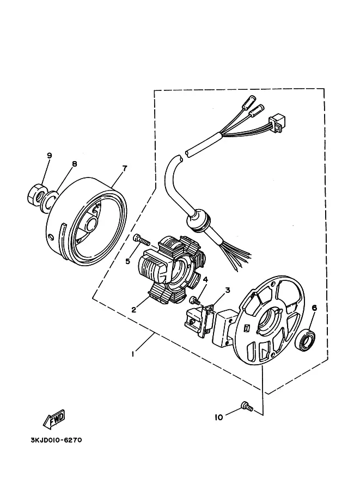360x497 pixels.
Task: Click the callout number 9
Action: pos(49,155)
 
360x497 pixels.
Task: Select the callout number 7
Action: pos(125,168)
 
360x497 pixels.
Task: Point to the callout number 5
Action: pos(127,261)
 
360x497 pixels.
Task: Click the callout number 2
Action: pos(134,310)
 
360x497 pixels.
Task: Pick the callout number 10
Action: pos(219,418)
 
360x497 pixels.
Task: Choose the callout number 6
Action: pos(314,308)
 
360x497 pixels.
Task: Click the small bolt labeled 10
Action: pos(247,406)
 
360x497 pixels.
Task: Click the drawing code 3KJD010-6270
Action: pos(56,440)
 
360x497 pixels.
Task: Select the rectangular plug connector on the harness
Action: pos(276,123)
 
